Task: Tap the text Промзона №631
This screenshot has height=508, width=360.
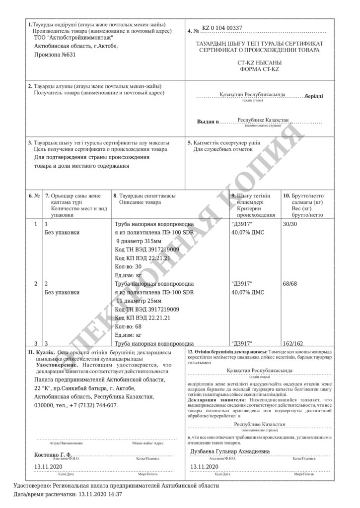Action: [x=55, y=55]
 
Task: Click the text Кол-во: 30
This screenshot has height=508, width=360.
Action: [x=128, y=266]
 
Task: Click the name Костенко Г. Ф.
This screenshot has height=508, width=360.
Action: [x=53, y=454]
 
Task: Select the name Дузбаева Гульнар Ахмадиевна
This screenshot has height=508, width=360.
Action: [x=230, y=451]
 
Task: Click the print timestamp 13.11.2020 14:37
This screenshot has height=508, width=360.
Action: [x=99, y=495]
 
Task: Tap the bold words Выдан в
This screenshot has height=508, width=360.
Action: [x=208, y=122]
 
